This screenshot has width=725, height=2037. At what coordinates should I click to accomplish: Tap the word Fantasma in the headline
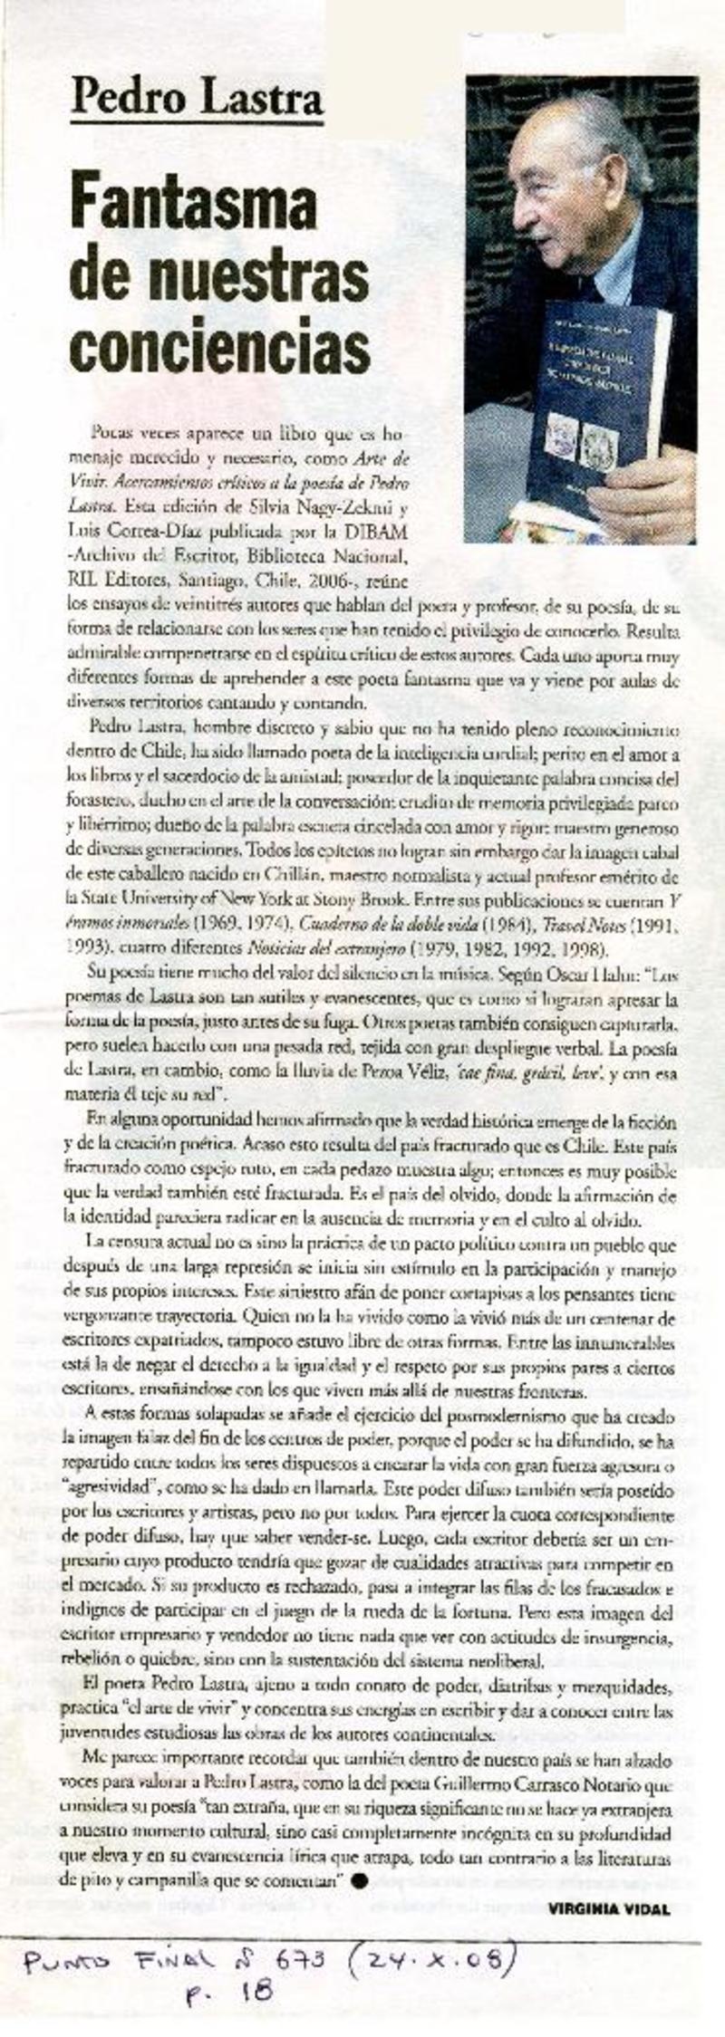(194, 206)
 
